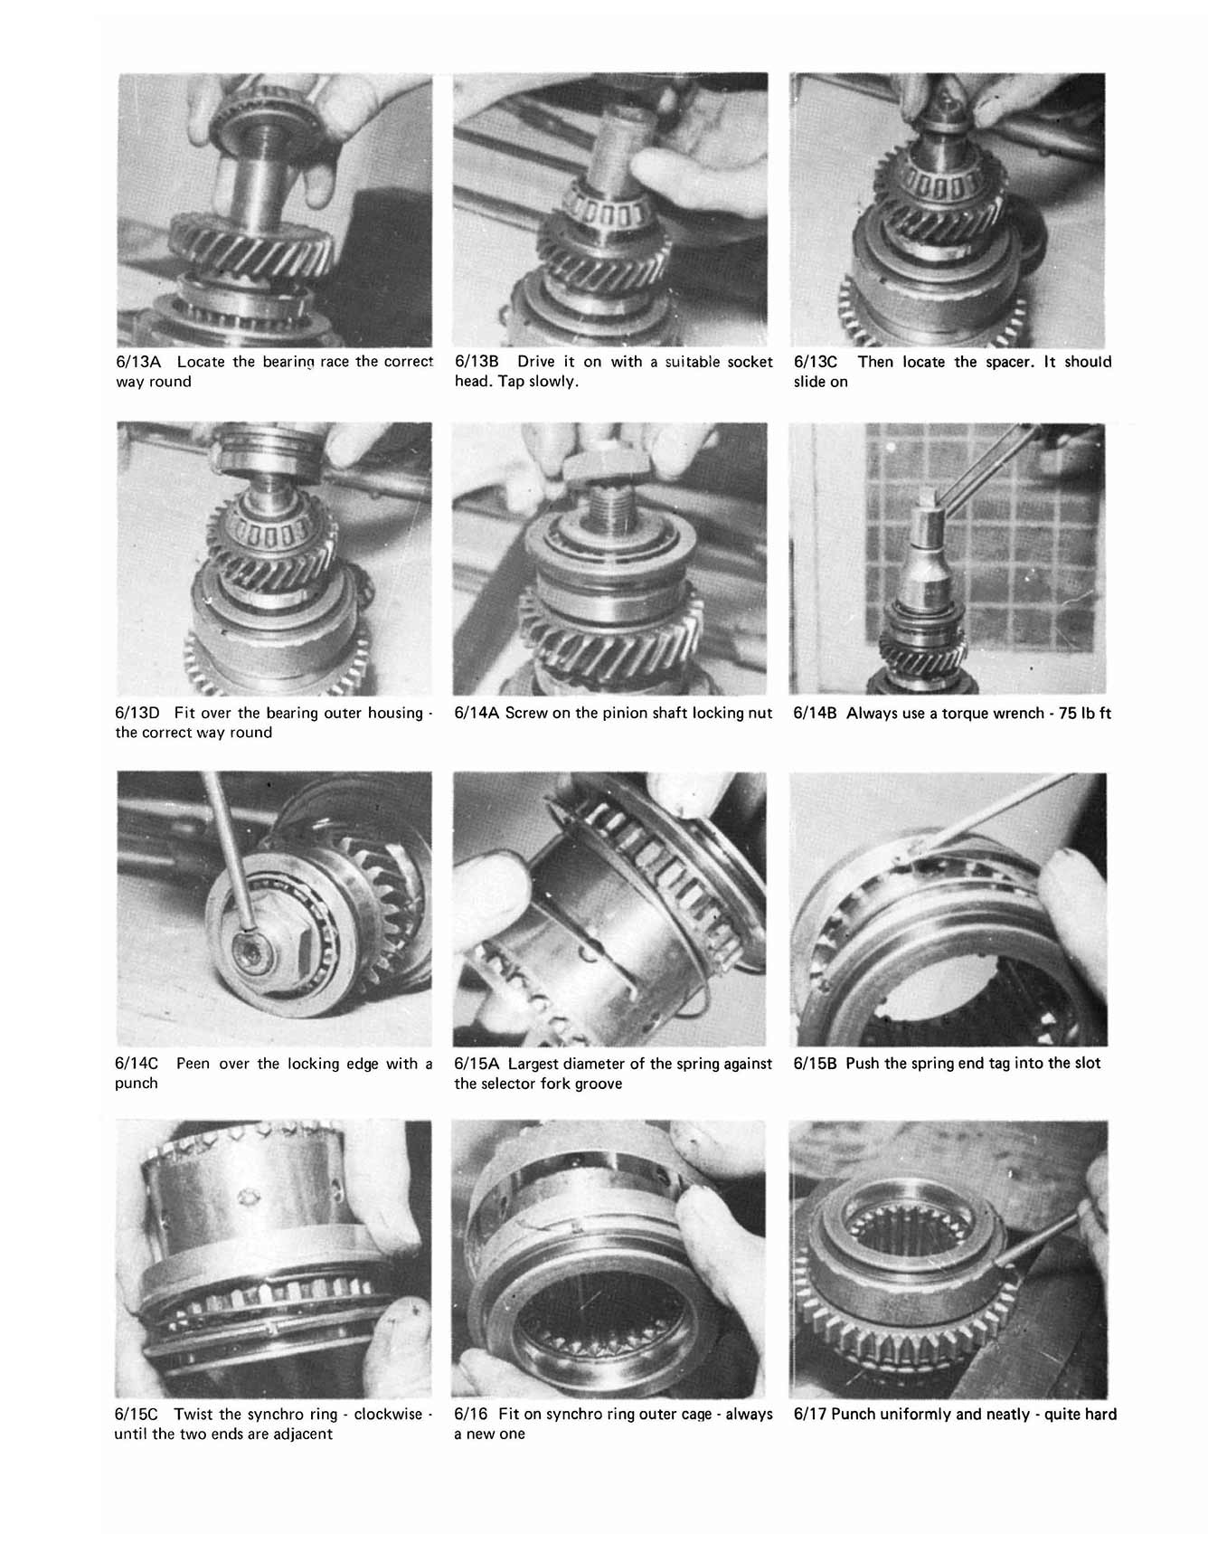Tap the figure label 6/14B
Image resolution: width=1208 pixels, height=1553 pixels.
(816, 713)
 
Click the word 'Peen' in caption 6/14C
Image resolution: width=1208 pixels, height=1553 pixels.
(193, 1064)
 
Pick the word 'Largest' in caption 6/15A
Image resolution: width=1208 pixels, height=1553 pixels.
(534, 1064)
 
